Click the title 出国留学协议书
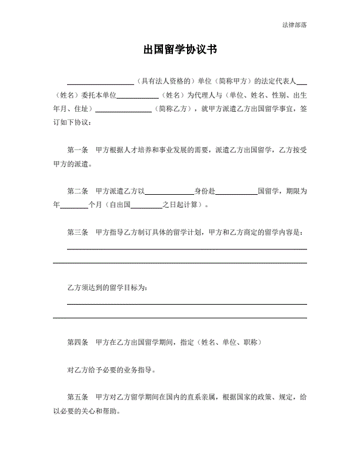click(x=180, y=50)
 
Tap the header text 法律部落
click(x=294, y=25)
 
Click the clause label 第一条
click(x=78, y=150)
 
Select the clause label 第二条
click(x=78, y=191)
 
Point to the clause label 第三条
click(x=78, y=232)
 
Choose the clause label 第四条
click(x=78, y=342)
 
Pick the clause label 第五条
click(x=78, y=397)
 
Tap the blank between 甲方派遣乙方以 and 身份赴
click(x=169, y=191)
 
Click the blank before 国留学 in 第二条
click(x=237, y=191)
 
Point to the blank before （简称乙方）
click(x=127, y=109)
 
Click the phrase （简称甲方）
click(x=232, y=81)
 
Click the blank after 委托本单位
click(x=138, y=95)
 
